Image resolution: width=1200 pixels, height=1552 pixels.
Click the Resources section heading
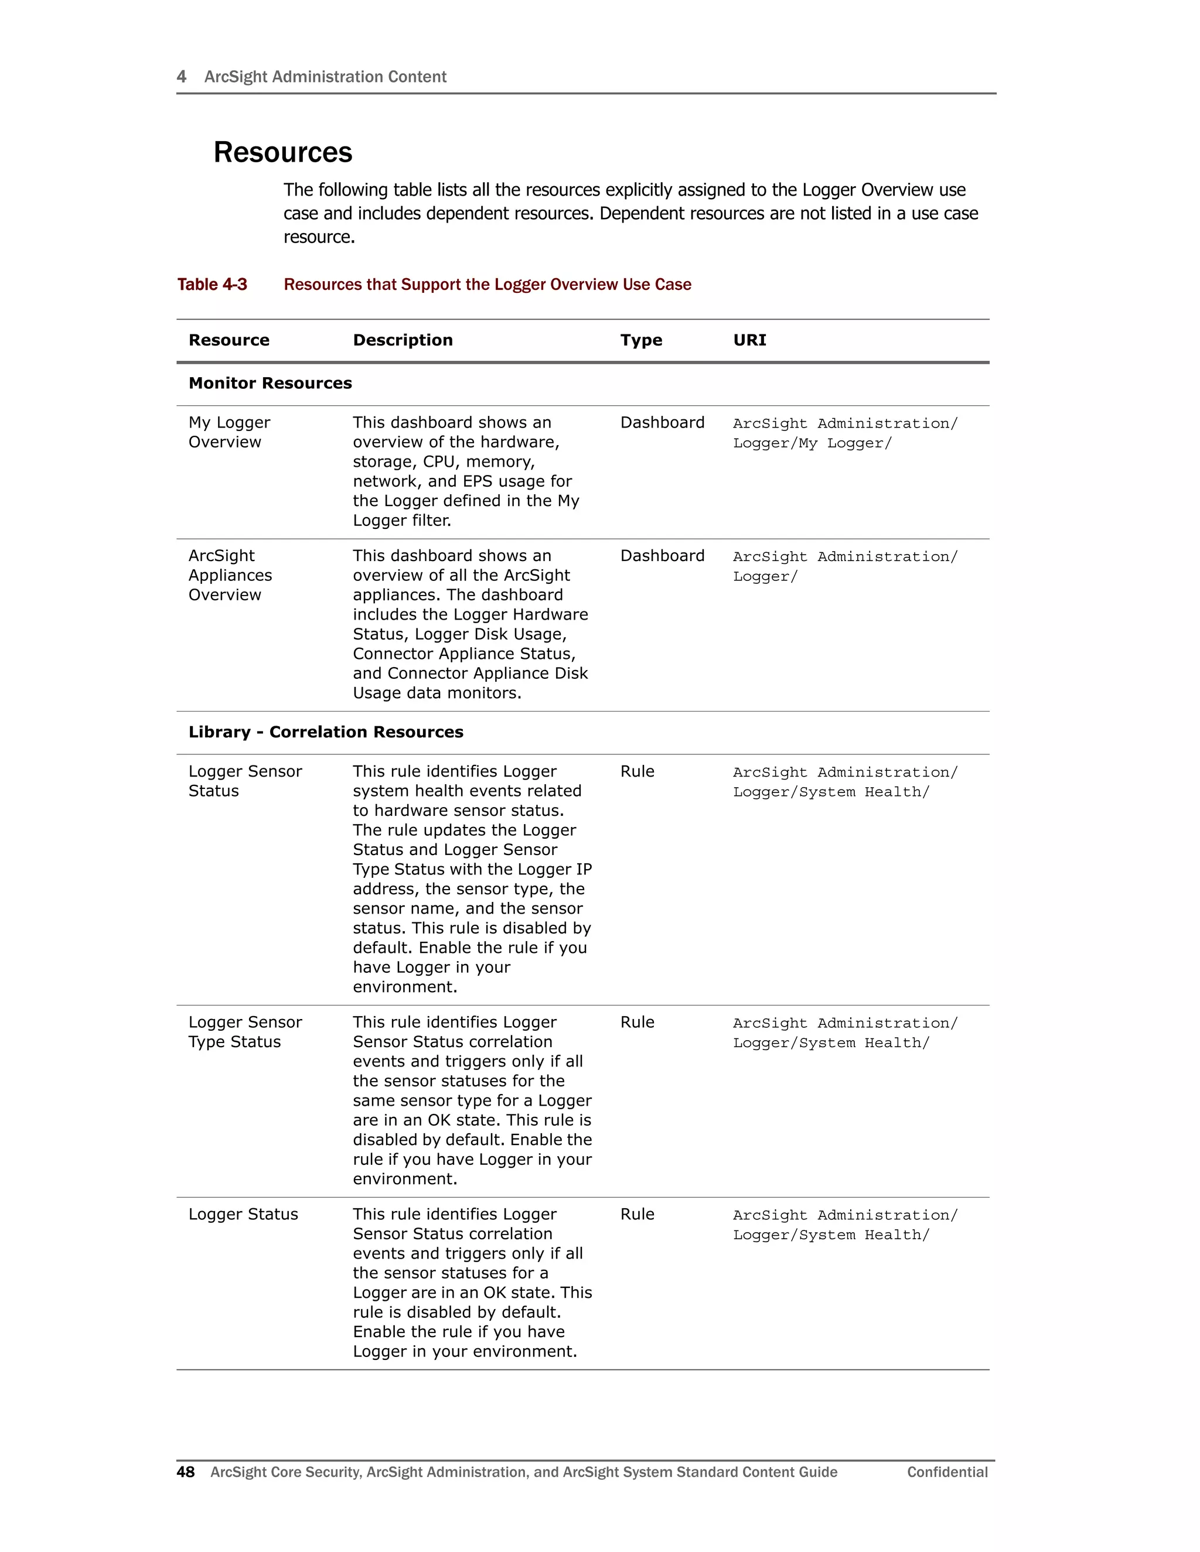click(282, 153)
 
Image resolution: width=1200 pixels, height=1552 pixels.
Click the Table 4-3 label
click(212, 285)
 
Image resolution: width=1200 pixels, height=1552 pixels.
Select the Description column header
click(403, 340)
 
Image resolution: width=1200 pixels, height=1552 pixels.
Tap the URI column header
click(749, 340)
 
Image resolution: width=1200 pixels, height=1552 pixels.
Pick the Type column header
click(640, 340)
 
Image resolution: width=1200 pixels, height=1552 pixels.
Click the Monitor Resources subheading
click(270, 384)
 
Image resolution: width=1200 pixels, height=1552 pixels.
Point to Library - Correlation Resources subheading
click(326, 733)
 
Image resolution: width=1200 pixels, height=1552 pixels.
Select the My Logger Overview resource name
click(229, 432)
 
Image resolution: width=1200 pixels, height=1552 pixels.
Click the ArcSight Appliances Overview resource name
click(230, 576)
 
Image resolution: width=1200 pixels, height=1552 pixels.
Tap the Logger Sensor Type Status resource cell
click(244, 1032)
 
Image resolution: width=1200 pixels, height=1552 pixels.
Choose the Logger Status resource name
click(243, 1215)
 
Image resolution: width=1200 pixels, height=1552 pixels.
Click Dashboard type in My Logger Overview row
click(662, 423)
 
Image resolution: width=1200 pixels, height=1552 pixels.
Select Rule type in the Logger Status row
click(637, 1215)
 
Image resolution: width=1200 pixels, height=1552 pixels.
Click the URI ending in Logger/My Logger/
click(812, 443)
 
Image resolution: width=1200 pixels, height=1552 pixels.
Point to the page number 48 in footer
click(186, 1472)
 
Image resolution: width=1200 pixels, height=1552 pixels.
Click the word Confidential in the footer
click(947, 1472)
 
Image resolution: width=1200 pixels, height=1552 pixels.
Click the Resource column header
click(229, 340)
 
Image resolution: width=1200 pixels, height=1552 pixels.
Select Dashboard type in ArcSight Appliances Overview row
click(662, 556)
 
